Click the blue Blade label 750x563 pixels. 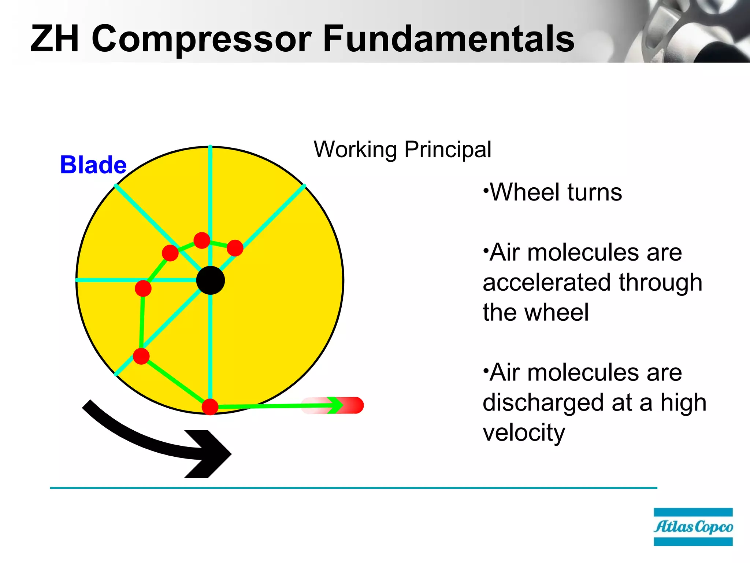[x=93, y=165]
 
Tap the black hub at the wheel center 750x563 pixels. [x=211, y=280]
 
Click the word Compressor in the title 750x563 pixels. [x=201, y=38]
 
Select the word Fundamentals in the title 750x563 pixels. [x=449, y=38]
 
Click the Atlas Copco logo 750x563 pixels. [x=693, y=527]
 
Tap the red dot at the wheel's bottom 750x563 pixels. [x=210, y=407]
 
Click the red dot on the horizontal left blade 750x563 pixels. [x=143, y=288]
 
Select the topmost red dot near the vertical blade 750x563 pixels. [x=202, y=240]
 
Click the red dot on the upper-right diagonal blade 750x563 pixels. [x=235, y=248]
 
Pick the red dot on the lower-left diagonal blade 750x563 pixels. [x=141, y=356]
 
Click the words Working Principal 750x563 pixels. [x=402, y=150]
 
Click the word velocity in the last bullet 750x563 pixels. [x=524, y=433]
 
